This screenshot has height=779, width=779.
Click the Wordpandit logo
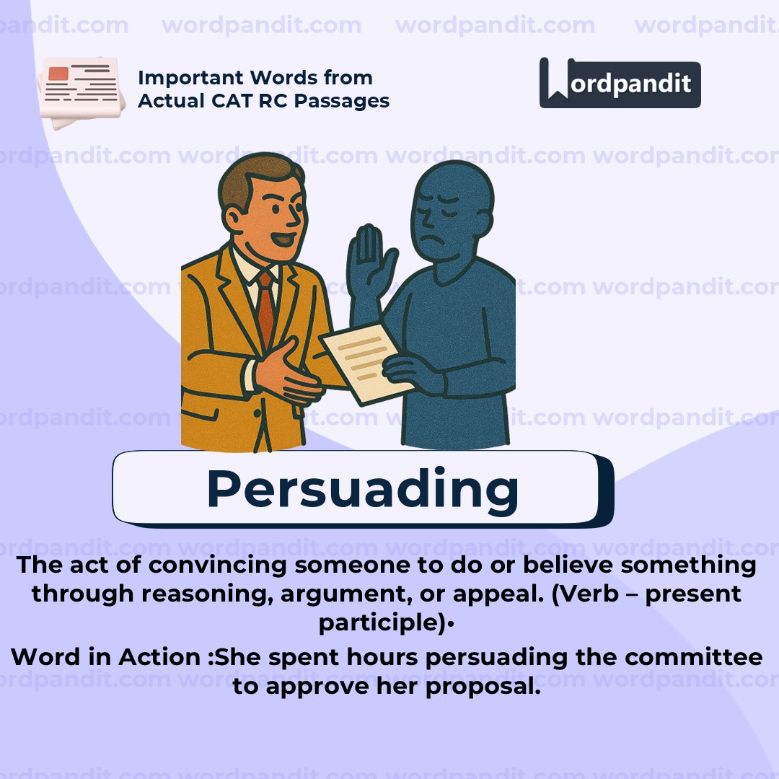coord(620,84)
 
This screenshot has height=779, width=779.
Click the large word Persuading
coord(362,489)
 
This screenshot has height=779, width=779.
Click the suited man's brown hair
coord(249,180)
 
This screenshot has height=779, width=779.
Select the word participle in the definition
coord(380,622)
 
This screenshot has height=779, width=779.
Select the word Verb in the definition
coord(557,594)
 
